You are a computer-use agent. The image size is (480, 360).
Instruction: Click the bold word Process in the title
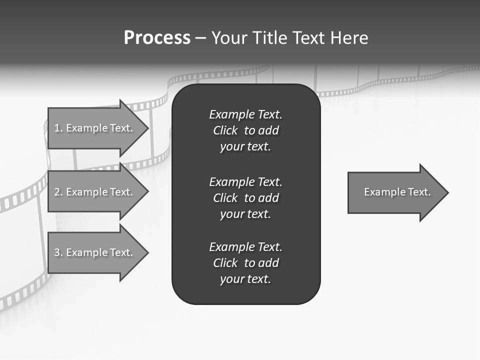(157, 38)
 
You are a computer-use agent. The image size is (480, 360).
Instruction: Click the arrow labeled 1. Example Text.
(95, 128)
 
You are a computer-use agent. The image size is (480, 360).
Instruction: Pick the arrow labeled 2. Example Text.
(95, 192)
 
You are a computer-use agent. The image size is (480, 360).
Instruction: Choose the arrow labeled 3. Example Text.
(95, 252)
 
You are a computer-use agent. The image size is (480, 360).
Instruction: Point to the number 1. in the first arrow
(58, 128)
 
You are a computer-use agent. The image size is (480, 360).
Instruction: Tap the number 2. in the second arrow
(58, 192)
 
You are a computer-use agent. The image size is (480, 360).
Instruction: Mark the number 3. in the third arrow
(58, 252)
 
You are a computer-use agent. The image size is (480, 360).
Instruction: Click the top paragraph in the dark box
(245, 130)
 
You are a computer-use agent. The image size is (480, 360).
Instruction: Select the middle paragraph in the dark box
(245, 197)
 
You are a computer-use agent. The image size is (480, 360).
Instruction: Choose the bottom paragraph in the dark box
(245, 263)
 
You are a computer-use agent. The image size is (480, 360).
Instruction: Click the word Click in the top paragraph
(225, 130)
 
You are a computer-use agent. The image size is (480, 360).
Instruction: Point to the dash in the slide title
(200, 38)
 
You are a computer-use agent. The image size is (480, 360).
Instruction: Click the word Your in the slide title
(230, 38)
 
